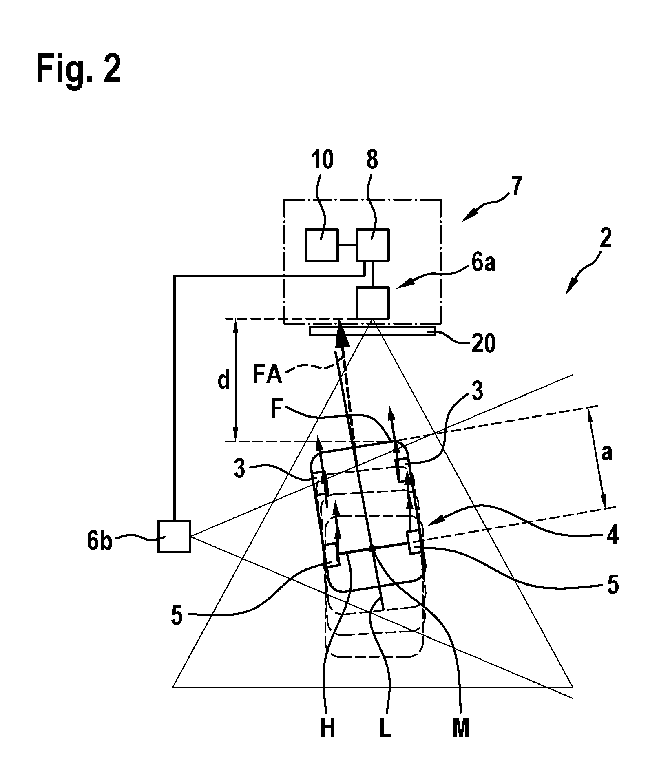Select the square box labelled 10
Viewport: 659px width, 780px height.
[322, 245]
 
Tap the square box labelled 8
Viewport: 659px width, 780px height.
[373, 245]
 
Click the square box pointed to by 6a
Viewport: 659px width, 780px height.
[373, 303]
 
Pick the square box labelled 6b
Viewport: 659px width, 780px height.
[174, 537]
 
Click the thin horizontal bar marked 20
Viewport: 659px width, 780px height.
[372, 331]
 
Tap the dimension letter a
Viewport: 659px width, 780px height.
[607, 452]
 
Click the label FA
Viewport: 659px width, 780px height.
[268, 376]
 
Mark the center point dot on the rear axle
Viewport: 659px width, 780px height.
[372, 548]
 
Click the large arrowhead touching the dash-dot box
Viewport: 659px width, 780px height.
[340, 334]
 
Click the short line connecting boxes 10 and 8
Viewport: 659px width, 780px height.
[347, 245]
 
